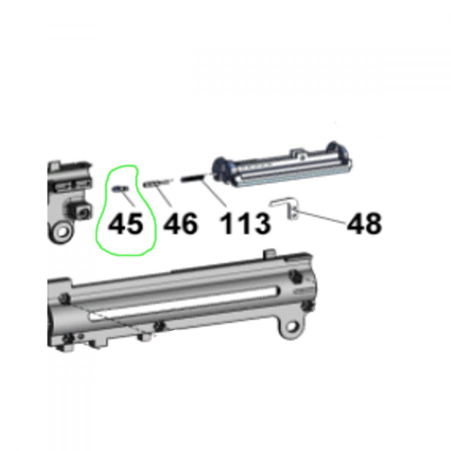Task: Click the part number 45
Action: (125, 223)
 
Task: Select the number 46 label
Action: (180, 223)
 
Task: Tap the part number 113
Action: (245, 223)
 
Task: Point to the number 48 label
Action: (364, 223)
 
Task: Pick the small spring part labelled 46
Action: (158, 182)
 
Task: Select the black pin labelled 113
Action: (192, 178)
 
